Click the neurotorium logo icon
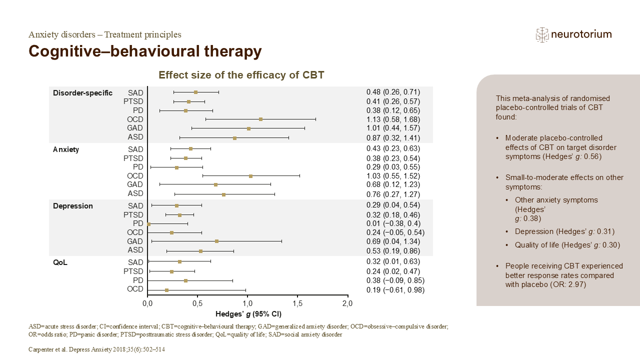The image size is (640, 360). click(x=542, y=35)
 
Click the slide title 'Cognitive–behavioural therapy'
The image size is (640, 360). click(x=145, y=51)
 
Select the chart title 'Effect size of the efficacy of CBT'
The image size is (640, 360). click(x=241, y=75)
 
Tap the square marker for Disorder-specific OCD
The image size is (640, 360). click(x=260, y=119)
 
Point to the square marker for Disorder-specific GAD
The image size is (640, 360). click(x=248, y=128)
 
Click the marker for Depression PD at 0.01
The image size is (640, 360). click(x=148, y=224)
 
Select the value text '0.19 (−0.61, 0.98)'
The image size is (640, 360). click(x=395, y=289)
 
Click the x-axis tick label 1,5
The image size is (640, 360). click(x=297, y=303)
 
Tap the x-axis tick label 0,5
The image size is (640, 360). click(x=197, y=303)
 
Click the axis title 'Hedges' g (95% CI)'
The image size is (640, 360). click(x=248, y=314)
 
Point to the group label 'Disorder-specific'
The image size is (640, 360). click(x=83, y=93)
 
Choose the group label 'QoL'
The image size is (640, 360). click(x=60, y=262)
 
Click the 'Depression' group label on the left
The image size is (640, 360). click(x=73, y=206)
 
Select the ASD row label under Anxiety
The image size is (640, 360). click(x=135, y=193)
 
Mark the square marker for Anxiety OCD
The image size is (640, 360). click(x=250, y=176)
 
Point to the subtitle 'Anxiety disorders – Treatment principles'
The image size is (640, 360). click(x=105, y=34)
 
